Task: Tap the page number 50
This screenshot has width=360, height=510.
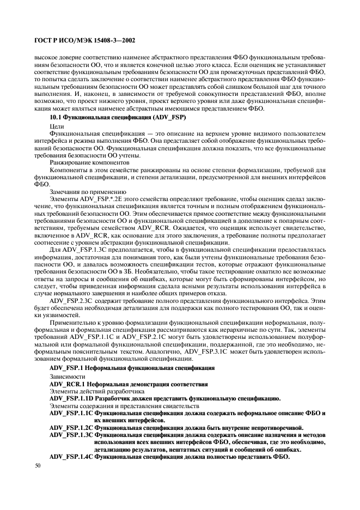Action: (38, 466)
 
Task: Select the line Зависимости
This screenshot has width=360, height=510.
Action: (64, 377)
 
